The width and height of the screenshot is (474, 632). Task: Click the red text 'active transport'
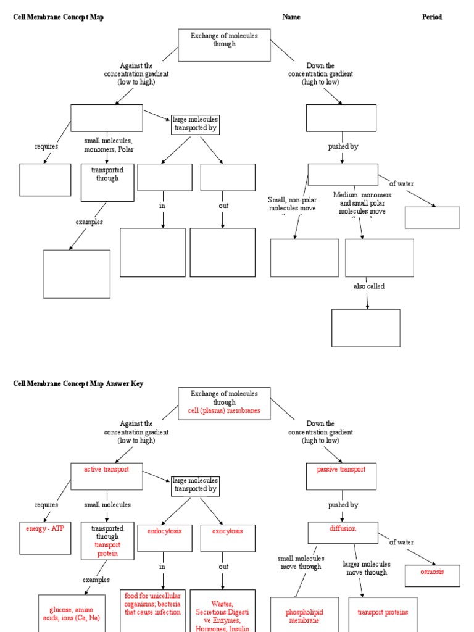[107, 469]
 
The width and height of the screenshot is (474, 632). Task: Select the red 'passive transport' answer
[341, 469]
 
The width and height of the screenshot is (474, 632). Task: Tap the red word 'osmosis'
[432, 572]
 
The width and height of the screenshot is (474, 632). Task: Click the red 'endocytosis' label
[164, 531]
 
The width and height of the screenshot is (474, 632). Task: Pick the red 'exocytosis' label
[228, 531]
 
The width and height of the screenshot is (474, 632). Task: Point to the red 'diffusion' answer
[343, 528]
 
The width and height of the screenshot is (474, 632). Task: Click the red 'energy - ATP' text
[45, 529]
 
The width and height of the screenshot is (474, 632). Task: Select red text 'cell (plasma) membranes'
[224, 410]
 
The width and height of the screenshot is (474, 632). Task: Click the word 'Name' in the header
[291, 17]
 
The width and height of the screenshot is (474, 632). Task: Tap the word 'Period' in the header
[432, 17]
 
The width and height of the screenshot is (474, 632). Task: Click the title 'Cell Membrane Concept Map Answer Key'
[78, 383]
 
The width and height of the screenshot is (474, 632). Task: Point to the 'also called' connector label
[368, 286]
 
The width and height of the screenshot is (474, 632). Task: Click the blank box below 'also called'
[366, 328]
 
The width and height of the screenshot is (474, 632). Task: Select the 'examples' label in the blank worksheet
[89, 222]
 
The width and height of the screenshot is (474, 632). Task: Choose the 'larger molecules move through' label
[367, 568]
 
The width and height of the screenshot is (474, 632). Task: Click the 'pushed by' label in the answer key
[343, 505]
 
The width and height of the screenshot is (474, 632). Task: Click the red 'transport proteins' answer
[383, 612]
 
